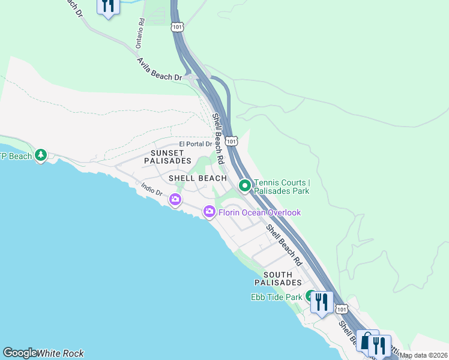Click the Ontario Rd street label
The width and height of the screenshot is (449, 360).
click(x=140, y=34)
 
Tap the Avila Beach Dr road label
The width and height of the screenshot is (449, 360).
click(x=159, y=70)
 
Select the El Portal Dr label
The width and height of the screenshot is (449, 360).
click(x=196, y=144)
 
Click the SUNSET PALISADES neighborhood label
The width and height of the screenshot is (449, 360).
click(x=167, y=157)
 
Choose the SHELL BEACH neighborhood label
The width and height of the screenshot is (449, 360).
click(x=197, y=178)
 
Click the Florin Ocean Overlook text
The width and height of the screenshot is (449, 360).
click(x=259, y=212)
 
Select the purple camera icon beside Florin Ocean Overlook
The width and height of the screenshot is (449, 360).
click(x=209, y=211)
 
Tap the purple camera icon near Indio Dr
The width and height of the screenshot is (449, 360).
click(x=175, y=200)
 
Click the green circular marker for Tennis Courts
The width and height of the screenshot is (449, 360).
click(x=244, y=186)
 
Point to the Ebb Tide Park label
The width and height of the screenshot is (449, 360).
click(x=276, y=297)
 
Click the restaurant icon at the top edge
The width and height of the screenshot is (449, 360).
click(x=107, y=7)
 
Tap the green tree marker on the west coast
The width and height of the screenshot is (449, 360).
click(x=41, y=155)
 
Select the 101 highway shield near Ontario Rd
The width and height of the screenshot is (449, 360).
click(x=177, y=27)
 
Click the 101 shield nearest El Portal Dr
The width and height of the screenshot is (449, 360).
click(x=232, y=140)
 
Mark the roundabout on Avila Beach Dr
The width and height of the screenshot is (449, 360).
click(x=191, y=77)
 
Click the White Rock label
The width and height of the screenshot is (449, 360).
click(x=60, y=353)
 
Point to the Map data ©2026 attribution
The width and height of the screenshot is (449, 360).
click(x=424, y=355)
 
